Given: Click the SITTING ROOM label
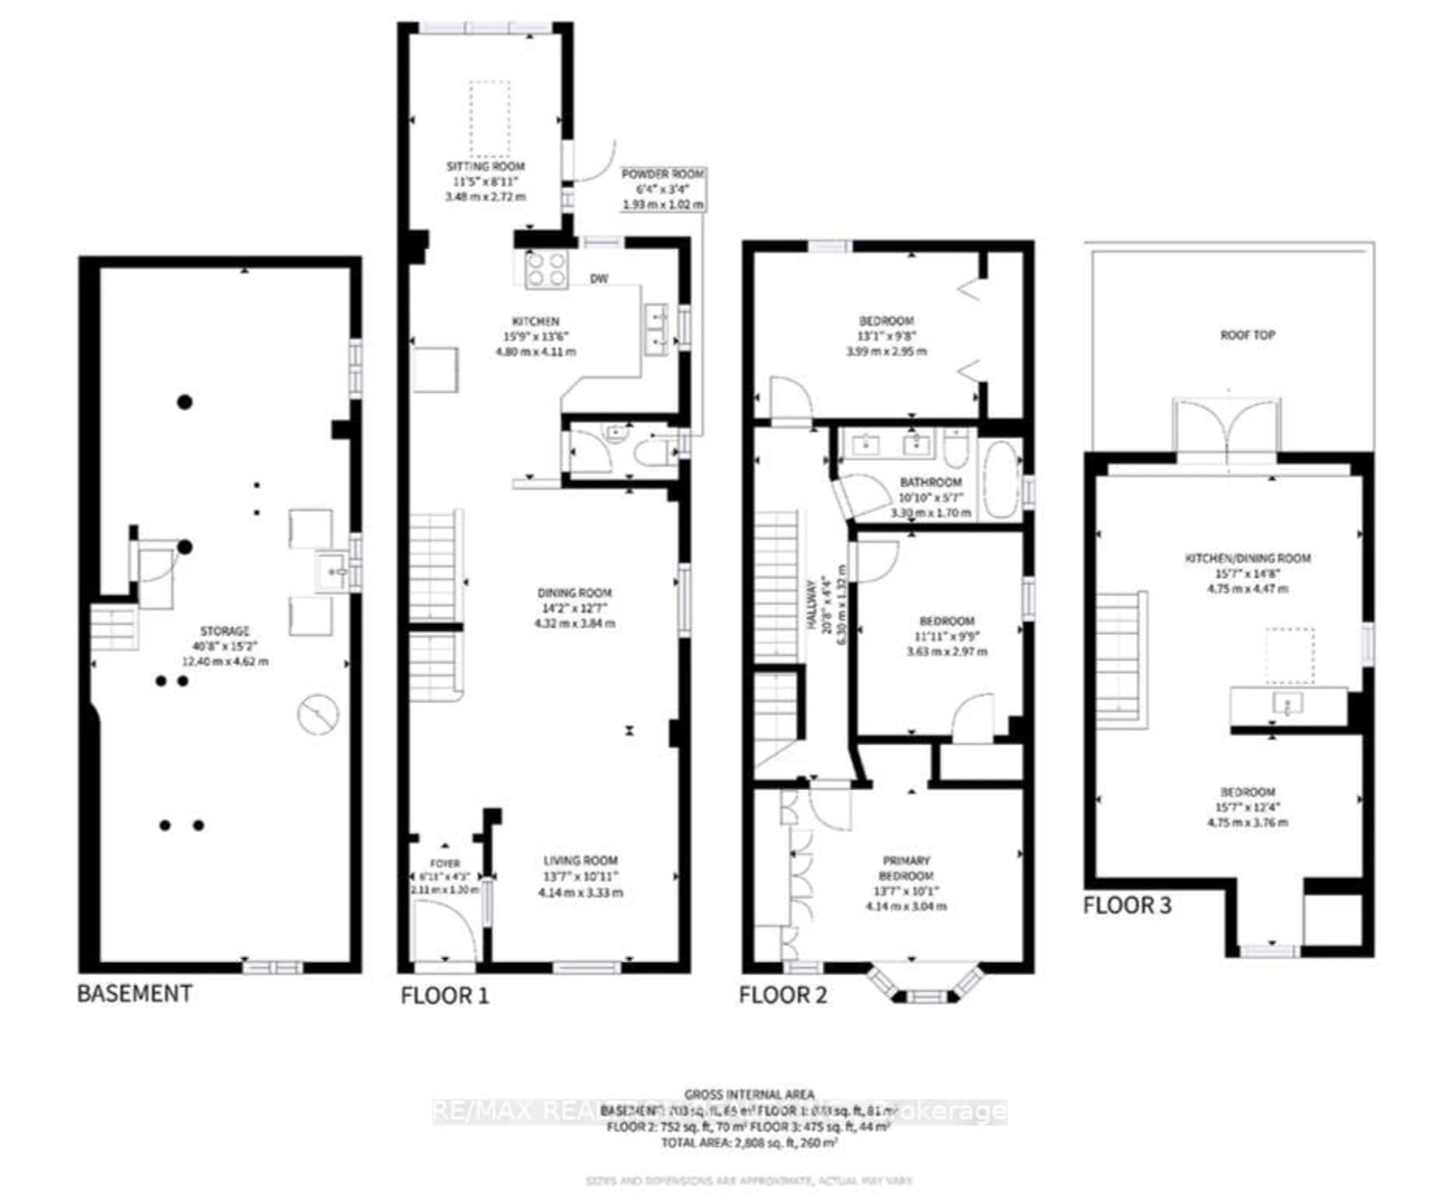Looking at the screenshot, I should point(485,166).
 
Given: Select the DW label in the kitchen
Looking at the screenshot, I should point(599,279).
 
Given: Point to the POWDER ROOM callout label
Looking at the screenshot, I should point(662,174).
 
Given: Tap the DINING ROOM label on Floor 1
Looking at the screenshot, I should point(574,593).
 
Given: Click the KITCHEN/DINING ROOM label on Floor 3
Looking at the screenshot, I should point(1248,558).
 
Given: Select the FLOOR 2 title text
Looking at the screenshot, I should point(783,995).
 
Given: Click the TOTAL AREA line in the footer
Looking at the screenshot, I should point(749,1143).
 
